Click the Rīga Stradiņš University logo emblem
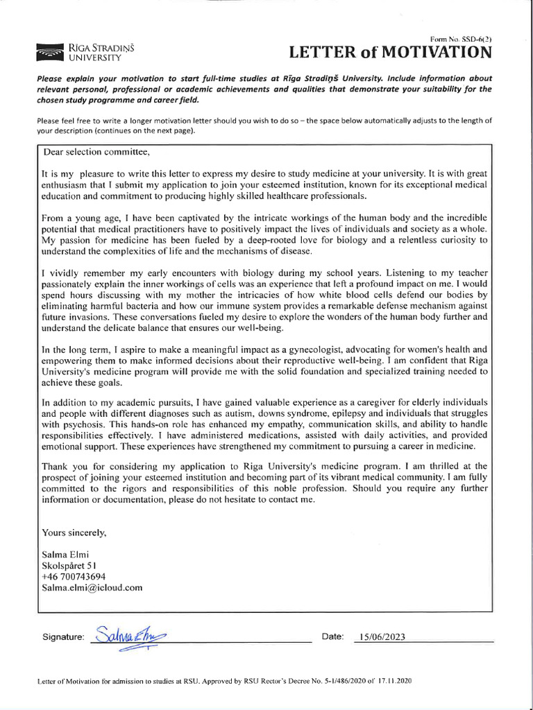click(x=51, y=51)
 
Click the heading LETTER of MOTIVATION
click(x=391, y=53)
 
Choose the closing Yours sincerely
click(x=74, y=533)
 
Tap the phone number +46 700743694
click(x=74, y=576)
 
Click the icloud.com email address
click(x=92, y=587)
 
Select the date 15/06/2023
click(x=380, y=637)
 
